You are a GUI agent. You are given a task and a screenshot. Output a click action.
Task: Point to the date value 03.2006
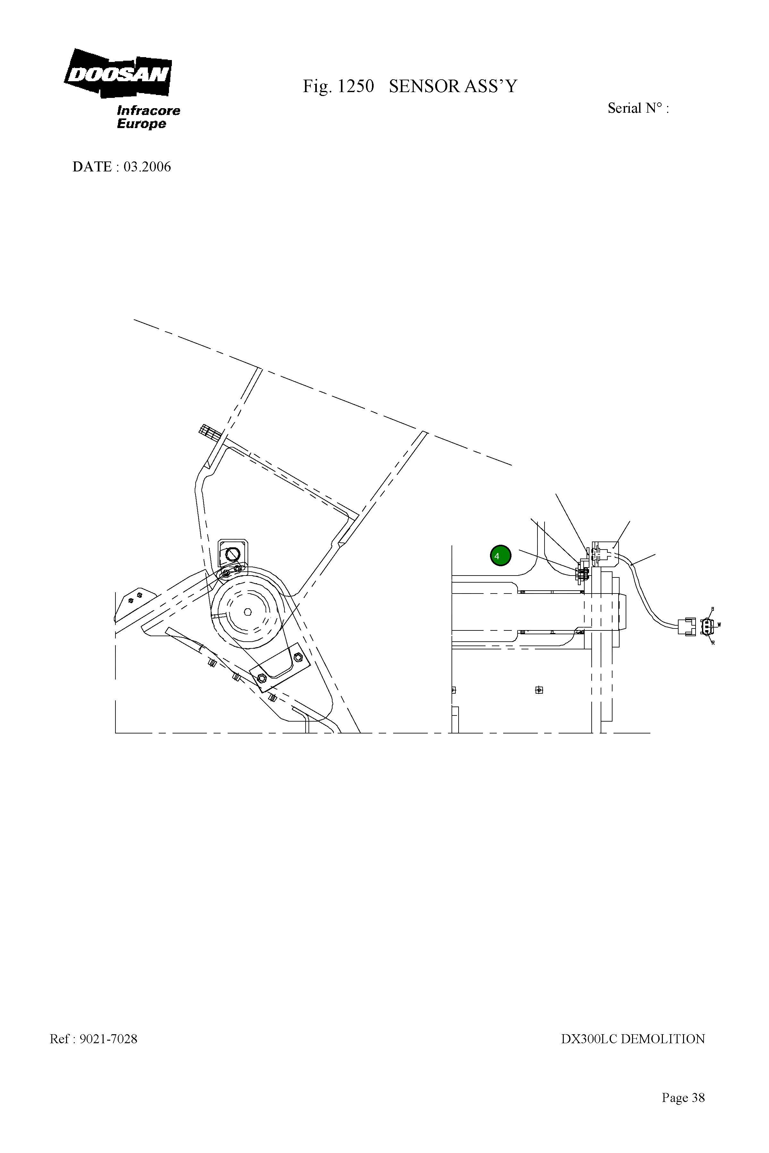coord(147,167)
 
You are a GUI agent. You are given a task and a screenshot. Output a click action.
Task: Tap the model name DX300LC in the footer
coord(588,1039)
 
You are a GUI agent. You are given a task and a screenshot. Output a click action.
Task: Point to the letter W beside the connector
coord(719,625)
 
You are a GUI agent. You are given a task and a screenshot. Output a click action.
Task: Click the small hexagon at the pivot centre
coord(248,611)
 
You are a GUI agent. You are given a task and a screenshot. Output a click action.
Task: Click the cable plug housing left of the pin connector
coord(687,627)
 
